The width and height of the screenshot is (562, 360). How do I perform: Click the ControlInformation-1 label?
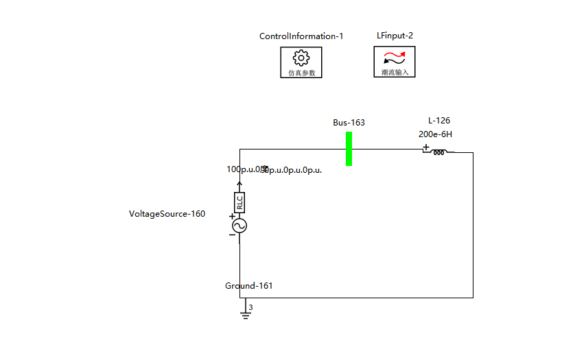tap(301, 36)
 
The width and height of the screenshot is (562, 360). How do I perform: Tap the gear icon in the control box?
tap(301, 58)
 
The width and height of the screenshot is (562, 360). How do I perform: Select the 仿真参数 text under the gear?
tap(301, 73)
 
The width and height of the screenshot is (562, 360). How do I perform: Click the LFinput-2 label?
tap(395, 35)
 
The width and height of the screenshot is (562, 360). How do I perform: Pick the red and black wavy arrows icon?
tap(394, 58)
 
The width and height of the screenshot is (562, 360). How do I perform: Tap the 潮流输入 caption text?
tap(395, 72)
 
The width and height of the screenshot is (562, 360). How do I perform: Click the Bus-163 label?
tap(349, 123)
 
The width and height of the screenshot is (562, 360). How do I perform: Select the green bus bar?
tap(349, 148)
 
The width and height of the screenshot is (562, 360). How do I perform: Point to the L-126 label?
tap(439, 120)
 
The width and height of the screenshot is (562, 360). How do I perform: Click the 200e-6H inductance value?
tap(435, 134)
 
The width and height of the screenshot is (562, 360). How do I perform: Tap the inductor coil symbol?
tap(439, 152)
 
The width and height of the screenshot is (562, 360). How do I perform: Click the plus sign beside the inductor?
tap(425, 147)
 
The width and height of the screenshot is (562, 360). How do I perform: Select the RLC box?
tap(239, 202)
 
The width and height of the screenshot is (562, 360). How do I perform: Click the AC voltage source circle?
tap(239, 226)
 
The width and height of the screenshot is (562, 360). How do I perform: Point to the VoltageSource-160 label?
tap(167, 214)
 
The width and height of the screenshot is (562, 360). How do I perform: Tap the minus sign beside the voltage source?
tap(232, 235)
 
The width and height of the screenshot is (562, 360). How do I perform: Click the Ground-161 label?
tap(248, 286)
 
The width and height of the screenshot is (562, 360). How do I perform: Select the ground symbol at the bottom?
tap(245, 314)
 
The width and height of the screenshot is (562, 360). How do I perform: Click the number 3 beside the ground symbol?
tap(251, 308)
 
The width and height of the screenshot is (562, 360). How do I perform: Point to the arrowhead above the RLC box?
tap(239, 184)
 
